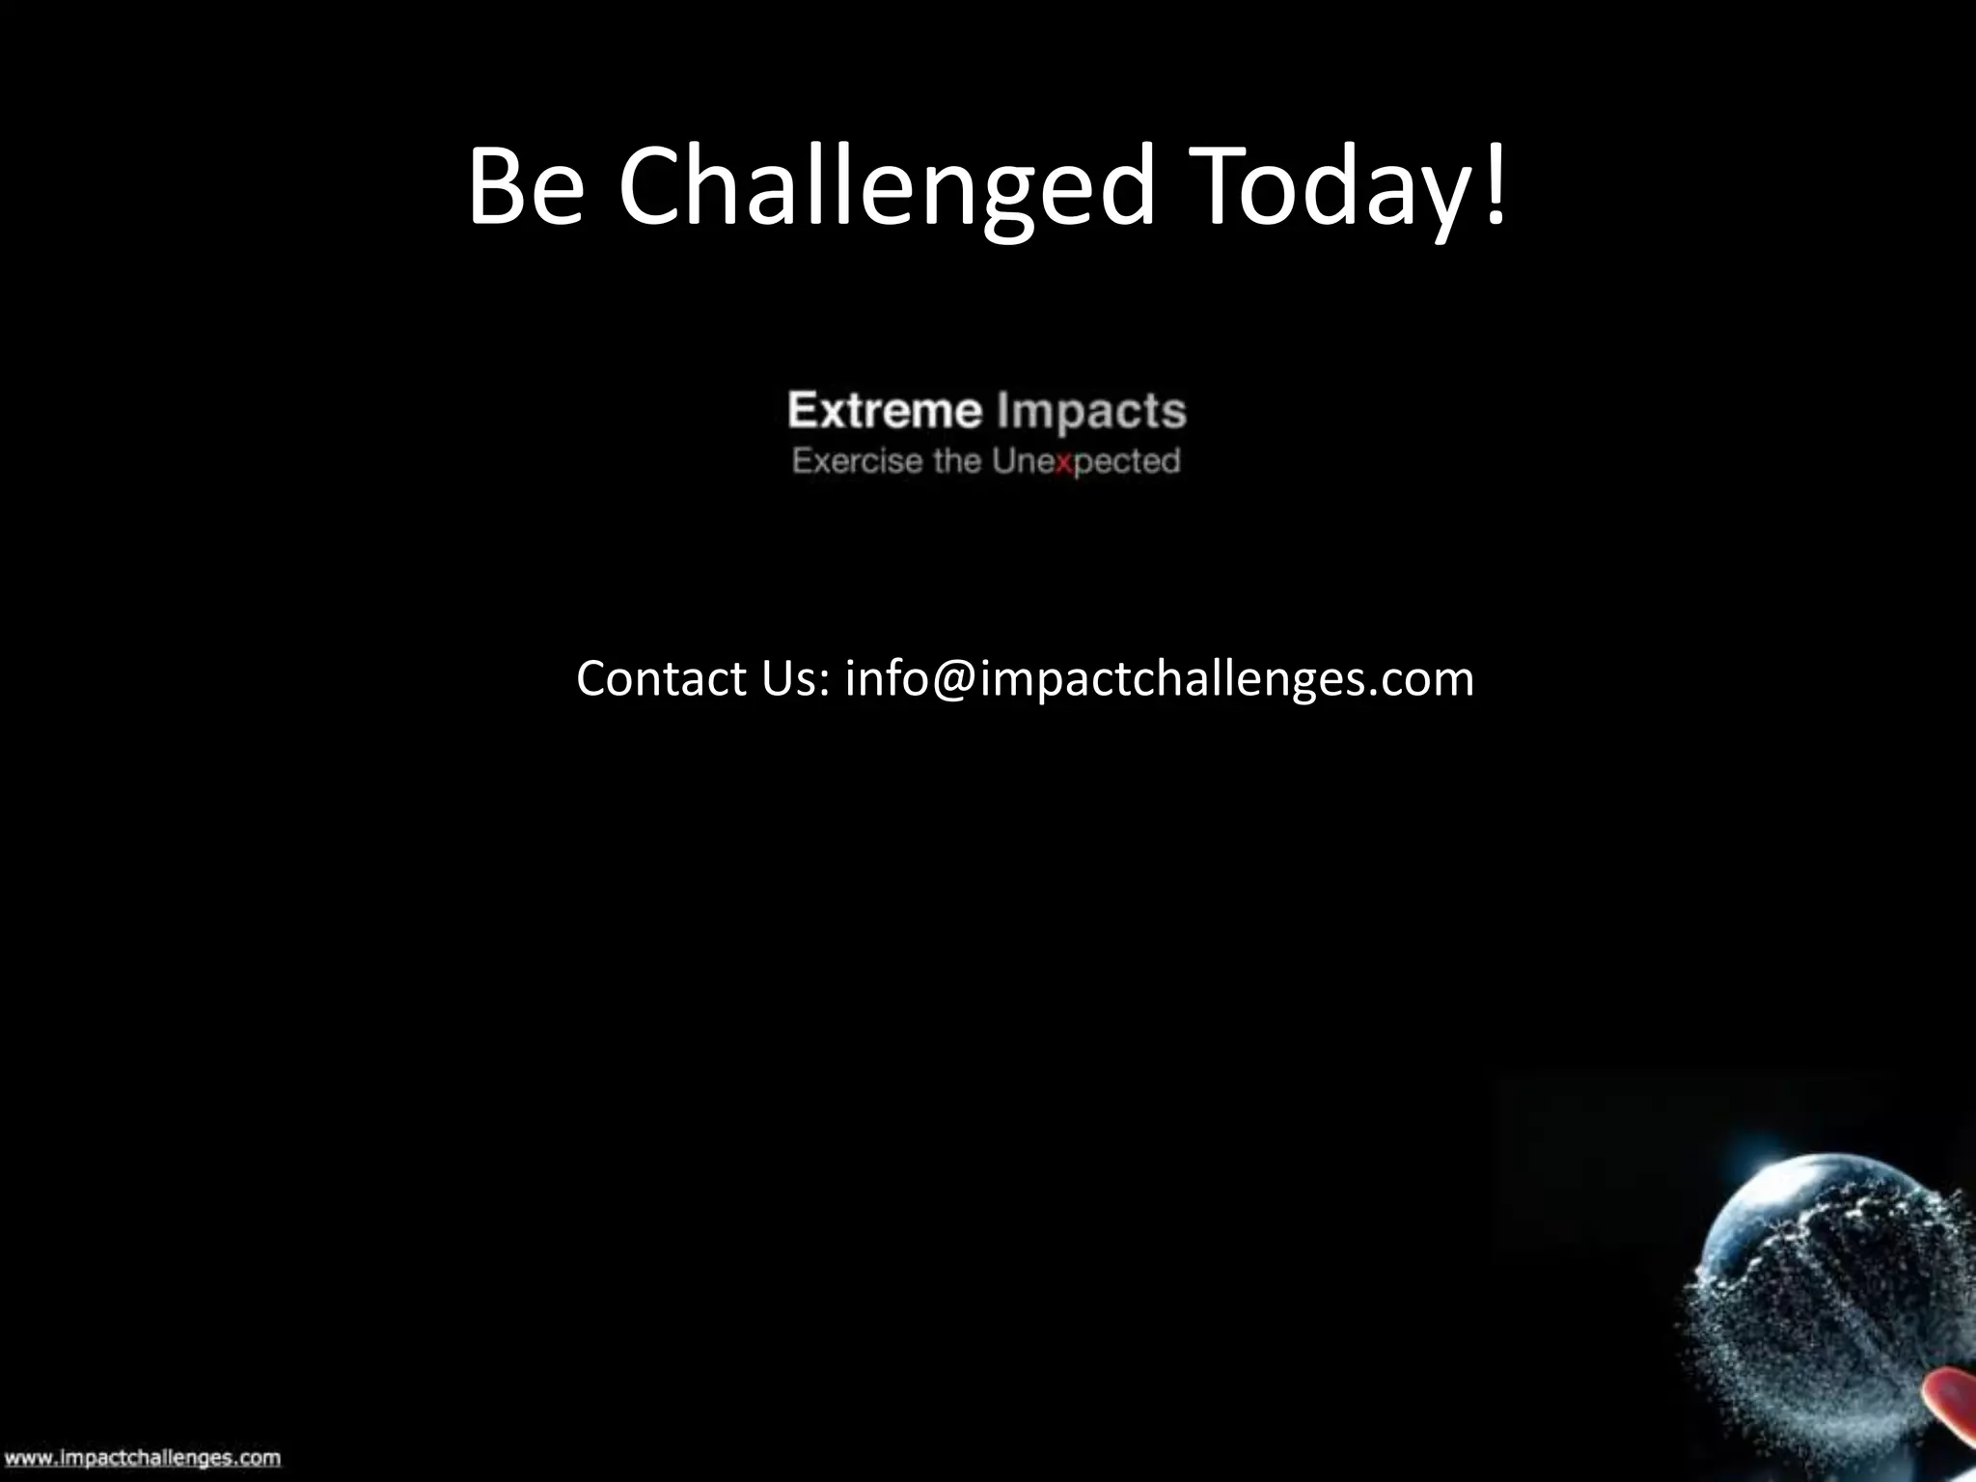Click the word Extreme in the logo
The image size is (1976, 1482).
point(884,411)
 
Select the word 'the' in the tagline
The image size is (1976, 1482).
point(957,461)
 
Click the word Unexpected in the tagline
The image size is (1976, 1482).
point(1085,462)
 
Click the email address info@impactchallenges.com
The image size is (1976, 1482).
point(1159,679)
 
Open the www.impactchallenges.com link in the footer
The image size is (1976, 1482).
point(141,1457)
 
